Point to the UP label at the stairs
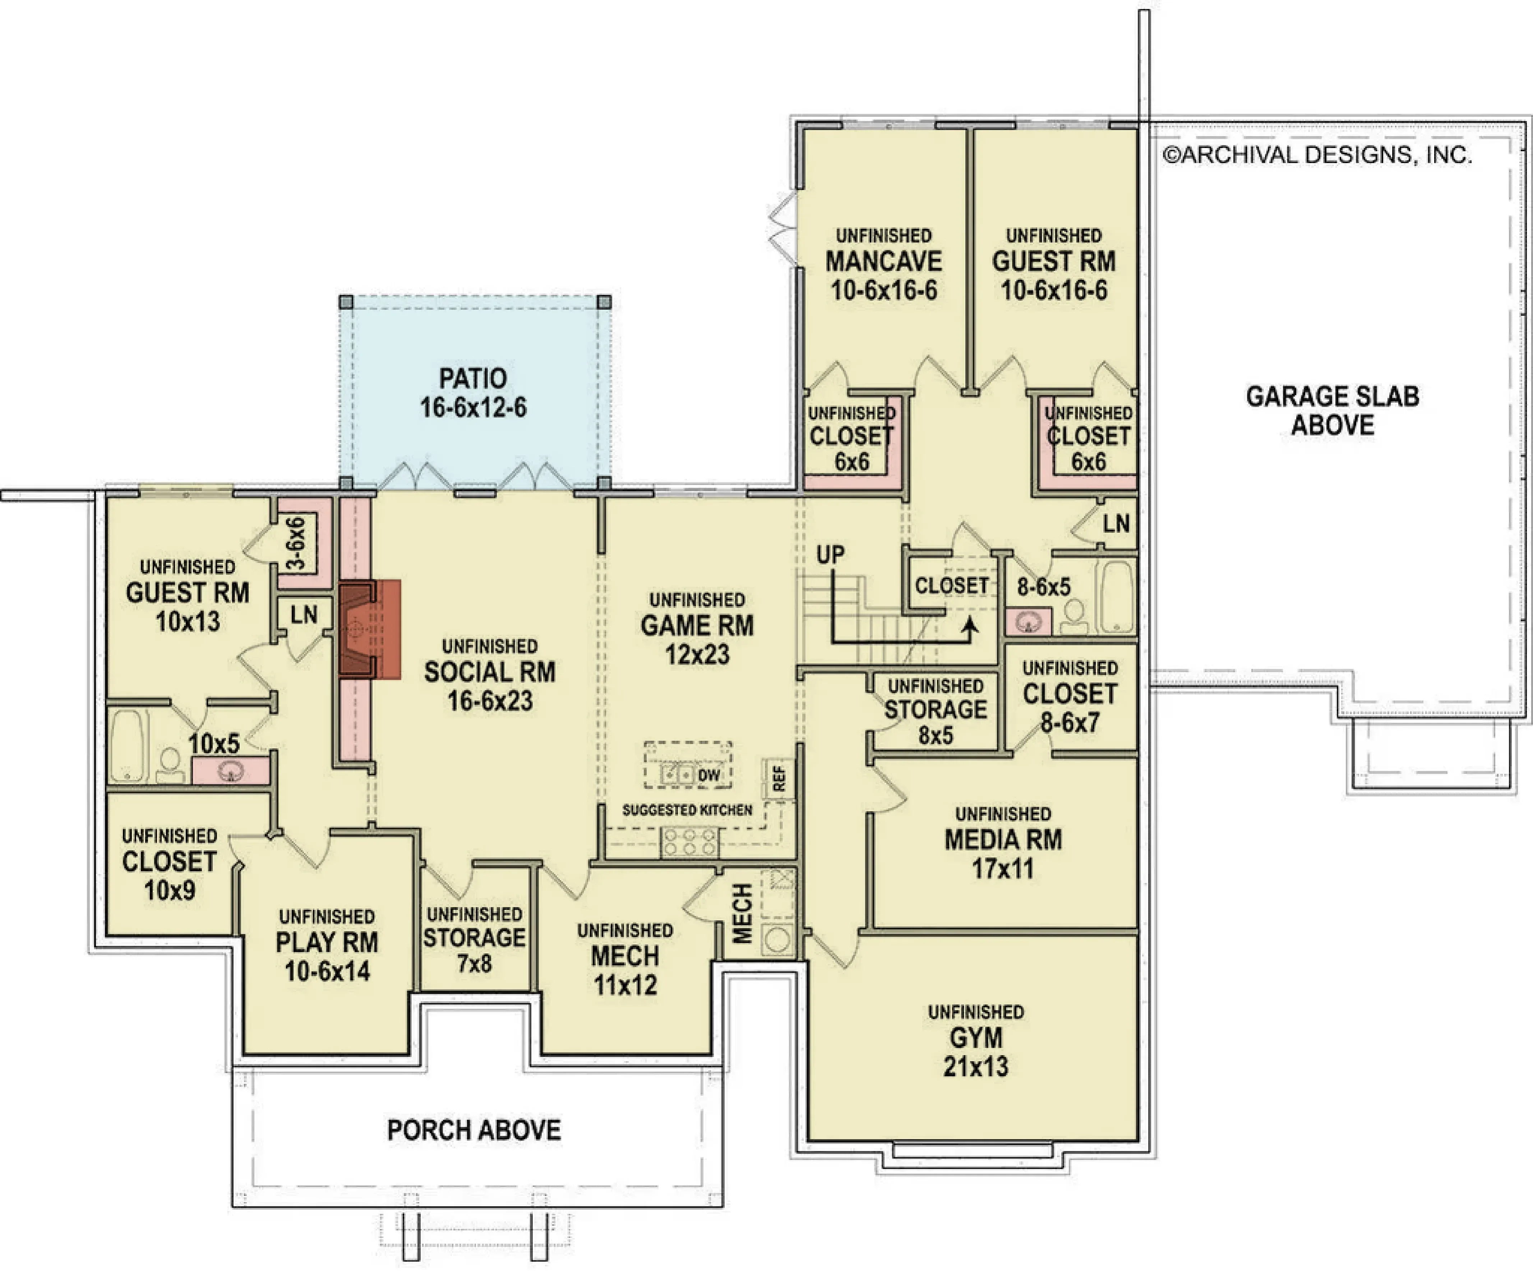[830, 555]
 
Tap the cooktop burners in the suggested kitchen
[689, 842]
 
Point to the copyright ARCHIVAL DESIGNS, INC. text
[1317, 155]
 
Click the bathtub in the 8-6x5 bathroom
[1117, 596]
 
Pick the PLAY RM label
[327, 943]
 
